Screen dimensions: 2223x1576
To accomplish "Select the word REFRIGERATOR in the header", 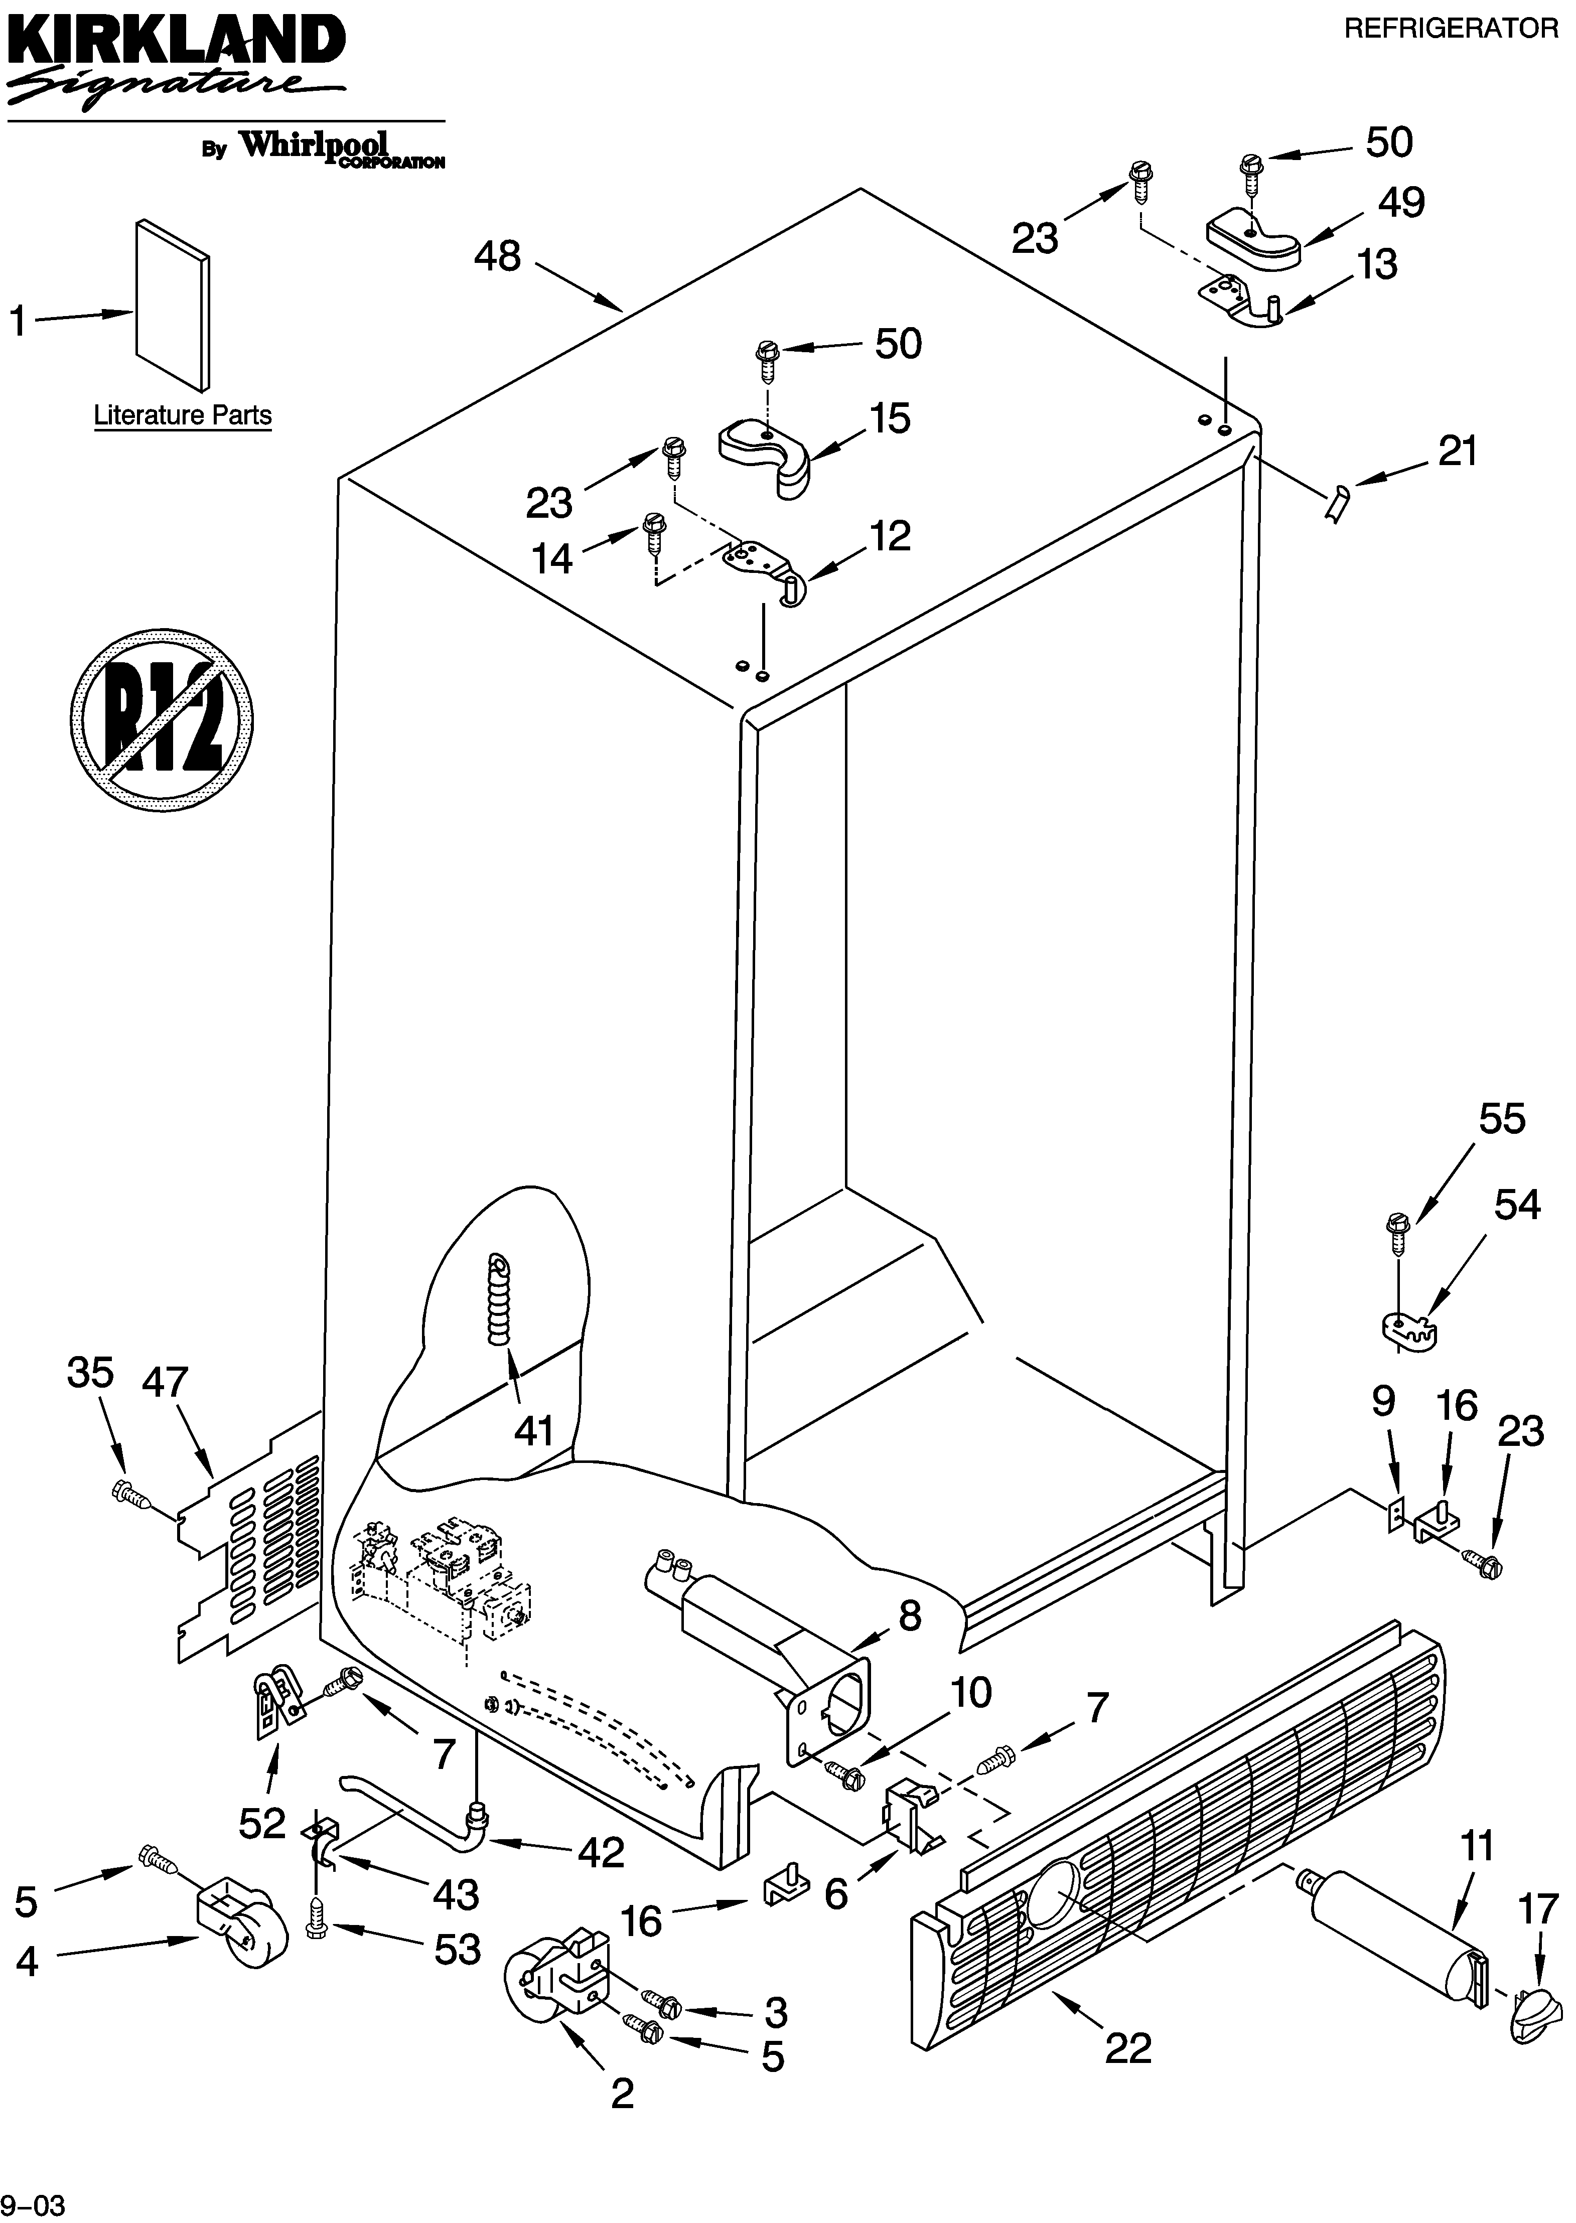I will pyautogui.click(x=1450, y=29).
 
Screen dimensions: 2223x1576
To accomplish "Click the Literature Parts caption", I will pyautogui.click(x=183, y=415).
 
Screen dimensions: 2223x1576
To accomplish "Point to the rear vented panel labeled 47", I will pyautogui.click(x=250, y=1543).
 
